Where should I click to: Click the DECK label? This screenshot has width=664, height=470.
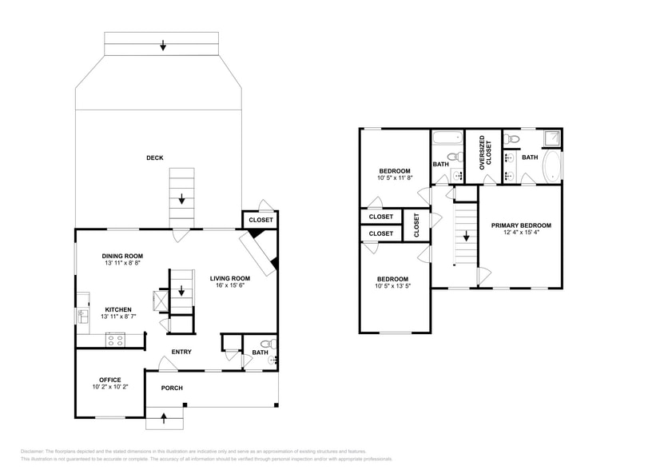(x=154, y=158)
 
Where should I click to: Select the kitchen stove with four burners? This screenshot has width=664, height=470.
(x=115, y=340)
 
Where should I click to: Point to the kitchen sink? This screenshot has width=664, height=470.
(x=82, y=317)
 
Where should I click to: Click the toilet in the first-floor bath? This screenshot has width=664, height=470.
(x=266, y=345)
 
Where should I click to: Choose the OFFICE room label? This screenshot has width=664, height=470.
(x=109, y=380)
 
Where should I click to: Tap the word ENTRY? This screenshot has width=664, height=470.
(x=181, y=352)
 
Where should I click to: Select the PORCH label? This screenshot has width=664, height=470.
(x=172, y=388)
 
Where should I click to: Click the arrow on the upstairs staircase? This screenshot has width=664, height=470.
(x=466, y=237)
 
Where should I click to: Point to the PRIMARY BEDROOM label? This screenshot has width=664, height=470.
(x=521, y=225)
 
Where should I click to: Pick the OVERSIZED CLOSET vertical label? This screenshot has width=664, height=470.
(x=482, y=151)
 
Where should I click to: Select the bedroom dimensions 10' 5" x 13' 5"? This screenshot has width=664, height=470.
(x=395, y=287)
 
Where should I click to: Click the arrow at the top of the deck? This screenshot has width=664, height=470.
(x=163, y=46)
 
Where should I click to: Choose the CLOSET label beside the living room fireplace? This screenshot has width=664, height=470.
(x=260, y=220)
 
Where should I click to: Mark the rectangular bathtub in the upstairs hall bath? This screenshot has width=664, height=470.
(x=447, y=138)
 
